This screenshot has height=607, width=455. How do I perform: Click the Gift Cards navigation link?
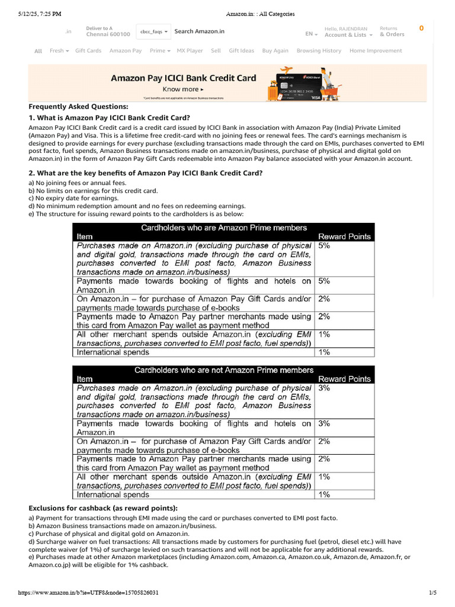(88, 51)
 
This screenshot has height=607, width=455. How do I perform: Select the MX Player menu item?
(190, 51)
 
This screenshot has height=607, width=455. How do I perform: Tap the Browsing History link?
(319, 51)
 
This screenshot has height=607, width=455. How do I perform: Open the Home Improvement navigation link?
(376, 51)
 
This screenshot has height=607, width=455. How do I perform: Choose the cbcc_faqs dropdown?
(153, 31)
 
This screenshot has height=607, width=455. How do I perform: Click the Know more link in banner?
(183, 90)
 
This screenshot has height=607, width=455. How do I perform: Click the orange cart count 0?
(421, 28)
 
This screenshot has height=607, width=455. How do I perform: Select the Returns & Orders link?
(392, 31)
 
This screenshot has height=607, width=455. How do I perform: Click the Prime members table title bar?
(223, 228)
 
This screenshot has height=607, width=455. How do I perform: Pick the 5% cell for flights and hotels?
(324, 281)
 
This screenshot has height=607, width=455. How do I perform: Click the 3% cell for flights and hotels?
(324, 423)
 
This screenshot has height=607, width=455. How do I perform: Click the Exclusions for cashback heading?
(103, 508)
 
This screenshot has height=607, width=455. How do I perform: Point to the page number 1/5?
(432, 593)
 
